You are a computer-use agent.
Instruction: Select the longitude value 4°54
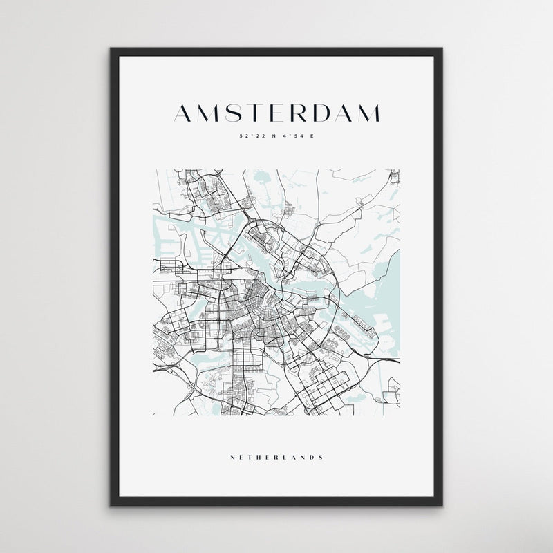(290, 136)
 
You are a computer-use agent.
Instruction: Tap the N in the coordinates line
(272, 136)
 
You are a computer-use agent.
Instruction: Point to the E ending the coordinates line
(312, 136)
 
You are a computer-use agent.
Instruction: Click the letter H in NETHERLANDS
(258, 457)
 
